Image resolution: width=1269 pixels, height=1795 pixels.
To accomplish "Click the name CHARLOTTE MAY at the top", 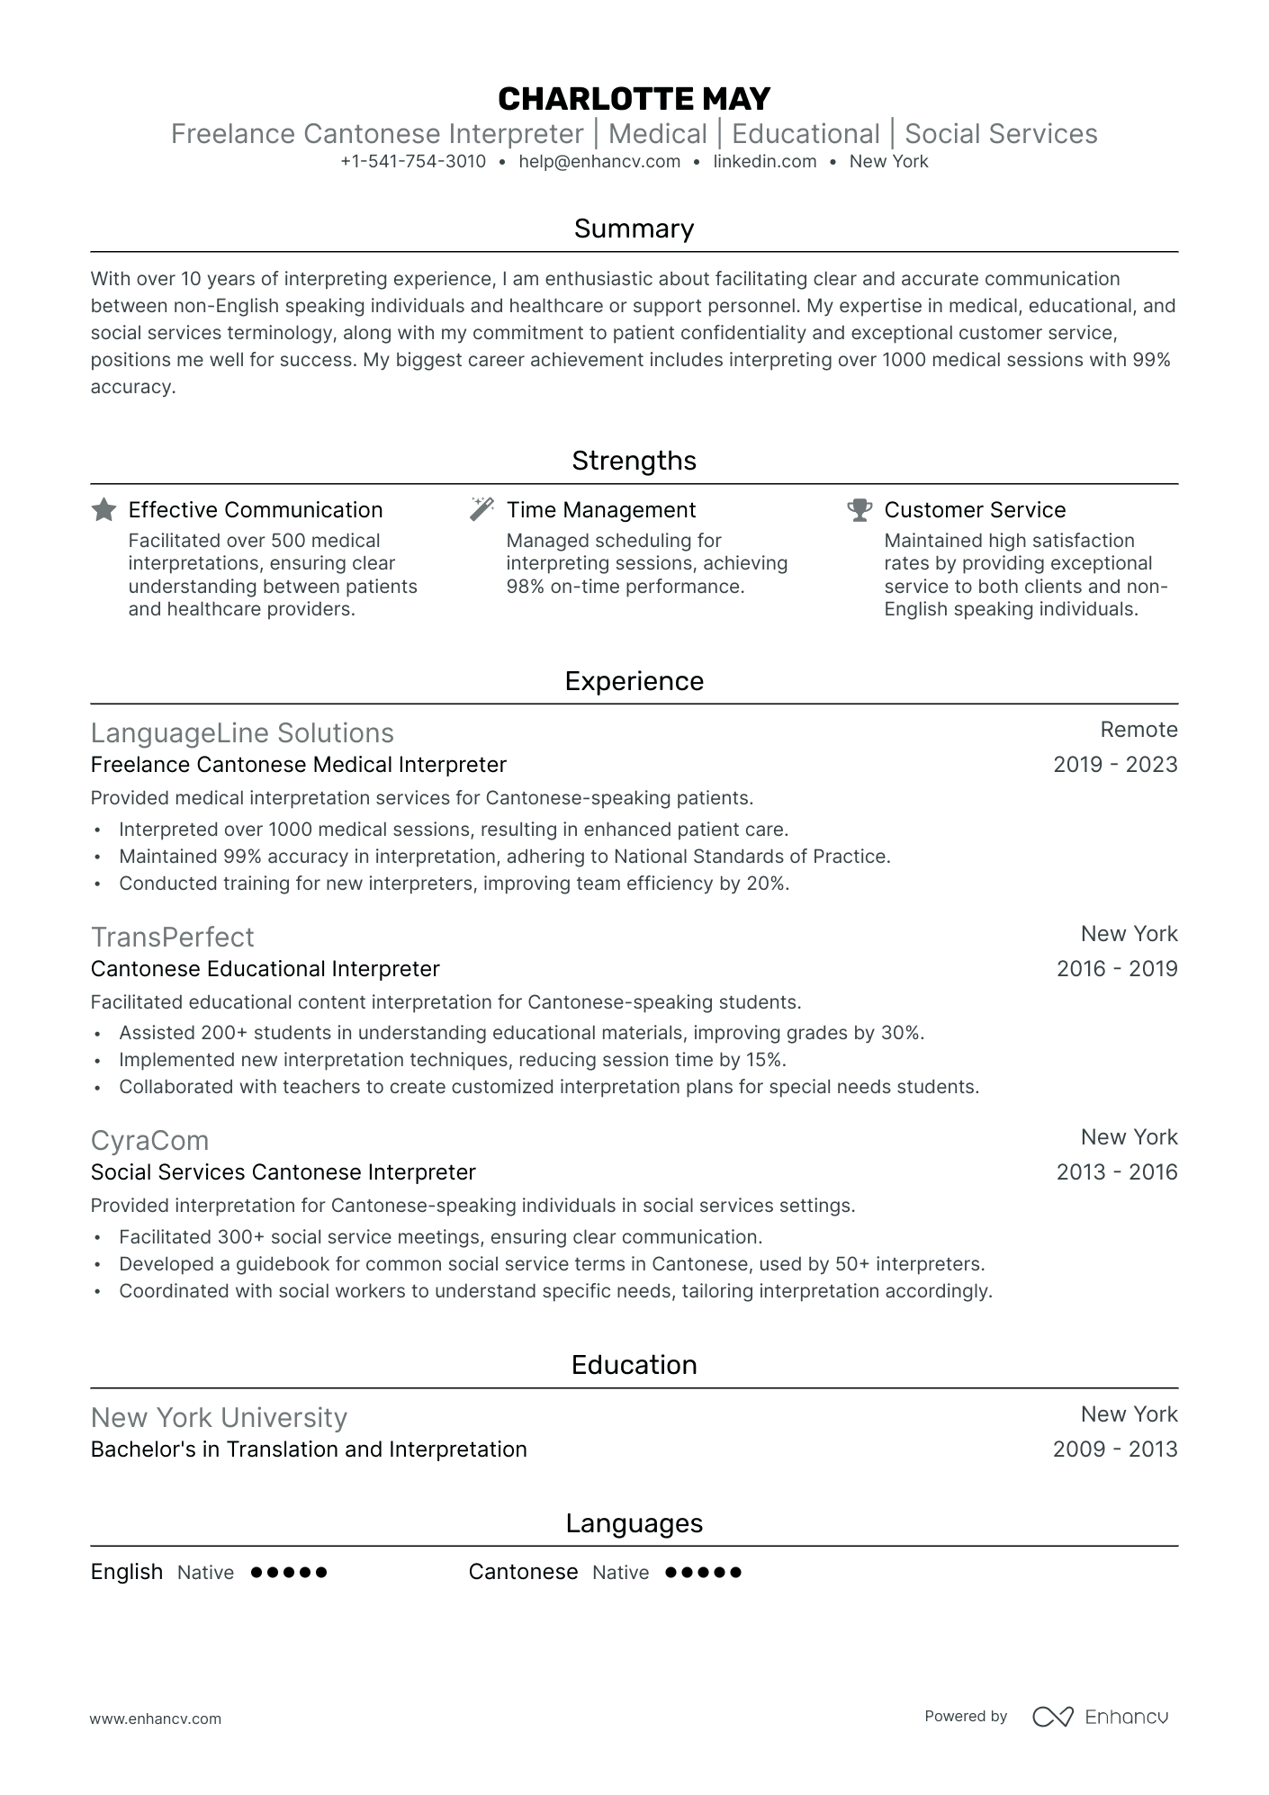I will [x=634, y=98].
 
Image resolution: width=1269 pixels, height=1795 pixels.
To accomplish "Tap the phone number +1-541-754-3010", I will [x=413, y=162].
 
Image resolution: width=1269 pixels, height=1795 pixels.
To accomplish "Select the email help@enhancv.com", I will [x=599, y=162].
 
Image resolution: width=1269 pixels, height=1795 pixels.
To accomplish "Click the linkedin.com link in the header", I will [x=764, y=162].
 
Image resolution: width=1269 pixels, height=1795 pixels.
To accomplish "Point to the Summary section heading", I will [x=634, y=229].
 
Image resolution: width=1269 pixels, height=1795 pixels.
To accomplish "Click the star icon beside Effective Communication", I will [x=104, y=510].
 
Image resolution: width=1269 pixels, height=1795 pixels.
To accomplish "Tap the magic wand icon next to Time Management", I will [x=482, y=509].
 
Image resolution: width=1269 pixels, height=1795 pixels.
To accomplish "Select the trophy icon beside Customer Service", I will [x=859, y=510].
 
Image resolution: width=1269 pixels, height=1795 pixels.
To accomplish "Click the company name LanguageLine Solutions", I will [x=242, y=733].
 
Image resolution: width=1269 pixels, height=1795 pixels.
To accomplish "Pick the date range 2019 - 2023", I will [x=1115, y=765].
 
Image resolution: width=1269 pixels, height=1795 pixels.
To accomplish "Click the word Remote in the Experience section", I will [x=1138, y=730].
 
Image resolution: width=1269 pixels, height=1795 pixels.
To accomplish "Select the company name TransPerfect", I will [x=173, y=938].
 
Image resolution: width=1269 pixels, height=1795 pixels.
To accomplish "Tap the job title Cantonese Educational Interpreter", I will [x=265, y=969].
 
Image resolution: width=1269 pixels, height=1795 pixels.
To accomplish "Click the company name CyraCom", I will [x=149, y=1141].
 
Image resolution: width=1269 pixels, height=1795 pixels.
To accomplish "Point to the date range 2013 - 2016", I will [x=1116, y=1172].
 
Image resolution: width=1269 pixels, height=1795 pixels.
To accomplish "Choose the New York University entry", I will [x=219, y=1418].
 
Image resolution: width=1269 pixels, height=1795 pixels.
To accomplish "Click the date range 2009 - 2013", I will [x=1115, y=1449].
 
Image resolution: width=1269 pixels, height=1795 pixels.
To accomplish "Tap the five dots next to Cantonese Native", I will [x=703, y=1573].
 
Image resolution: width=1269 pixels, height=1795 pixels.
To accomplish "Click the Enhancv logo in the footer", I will [x=1100, y=1717].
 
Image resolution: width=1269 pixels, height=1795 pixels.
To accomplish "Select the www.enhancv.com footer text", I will [x=155, y=1719].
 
